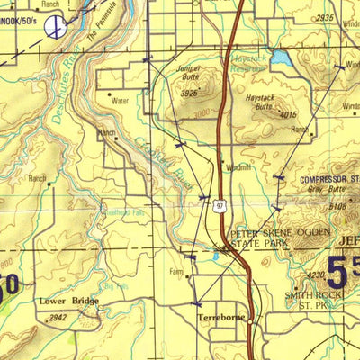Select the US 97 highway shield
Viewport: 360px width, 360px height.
[220, 205]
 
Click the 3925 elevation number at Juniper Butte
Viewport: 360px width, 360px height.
[188, 93]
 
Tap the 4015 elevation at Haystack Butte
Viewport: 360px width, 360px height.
[288, 114]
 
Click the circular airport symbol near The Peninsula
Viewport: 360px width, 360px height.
[56, 29]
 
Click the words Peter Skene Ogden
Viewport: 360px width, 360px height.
[270, 232]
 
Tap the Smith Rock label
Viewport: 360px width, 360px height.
[310, 294]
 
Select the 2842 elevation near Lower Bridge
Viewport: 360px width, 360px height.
[58, 318]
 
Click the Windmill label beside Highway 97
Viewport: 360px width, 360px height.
[238, 167]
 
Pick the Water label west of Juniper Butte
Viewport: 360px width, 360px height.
[121, 102]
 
